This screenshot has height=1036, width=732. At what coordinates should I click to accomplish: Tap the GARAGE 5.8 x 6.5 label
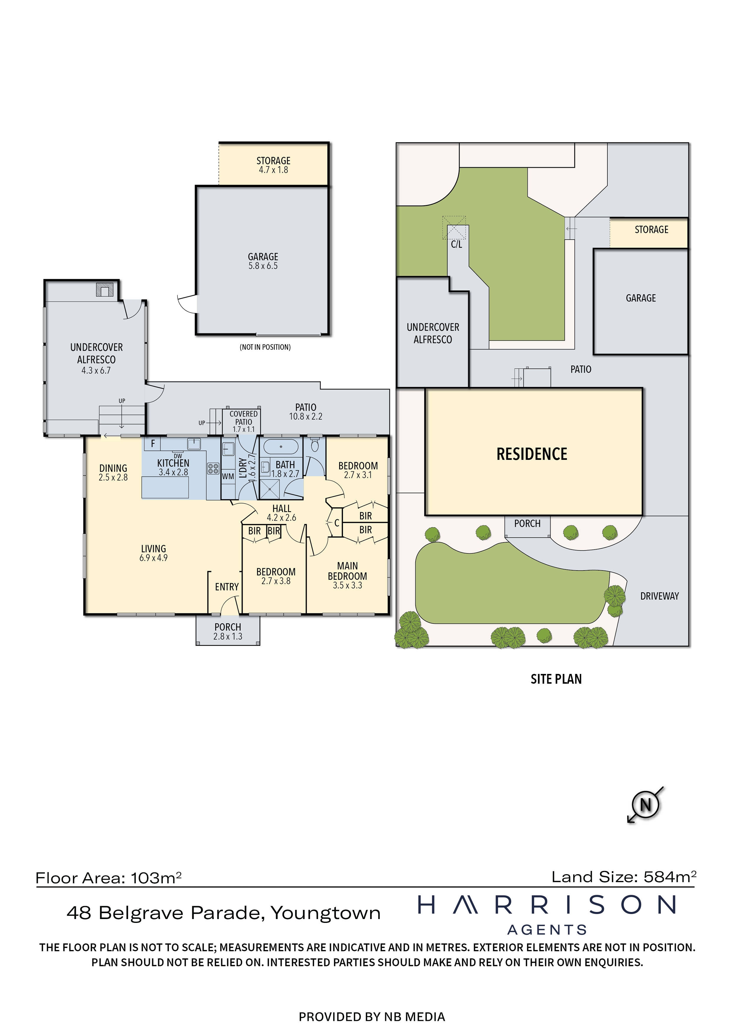point(263,261)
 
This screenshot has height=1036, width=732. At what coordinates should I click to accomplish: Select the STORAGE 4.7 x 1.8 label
point(273,165)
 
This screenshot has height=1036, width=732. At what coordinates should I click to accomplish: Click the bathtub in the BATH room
point(280,447)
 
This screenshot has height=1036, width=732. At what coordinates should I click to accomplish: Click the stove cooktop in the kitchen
point(213,468)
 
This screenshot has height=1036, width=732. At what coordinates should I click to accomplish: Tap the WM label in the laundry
point(228,476)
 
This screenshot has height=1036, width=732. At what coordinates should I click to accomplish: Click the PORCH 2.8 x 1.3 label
point(228,631)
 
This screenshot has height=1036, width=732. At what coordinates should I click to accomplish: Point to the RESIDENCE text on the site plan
point(532,454)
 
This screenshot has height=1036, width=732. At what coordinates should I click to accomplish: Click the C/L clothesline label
point(456,245)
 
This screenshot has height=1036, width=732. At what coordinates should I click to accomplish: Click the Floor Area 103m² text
point(108,878)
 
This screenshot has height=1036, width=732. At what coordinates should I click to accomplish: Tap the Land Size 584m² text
point(624,877)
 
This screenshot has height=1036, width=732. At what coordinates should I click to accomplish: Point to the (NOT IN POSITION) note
point(265,347)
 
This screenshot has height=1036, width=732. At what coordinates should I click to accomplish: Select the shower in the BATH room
point(270,489)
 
